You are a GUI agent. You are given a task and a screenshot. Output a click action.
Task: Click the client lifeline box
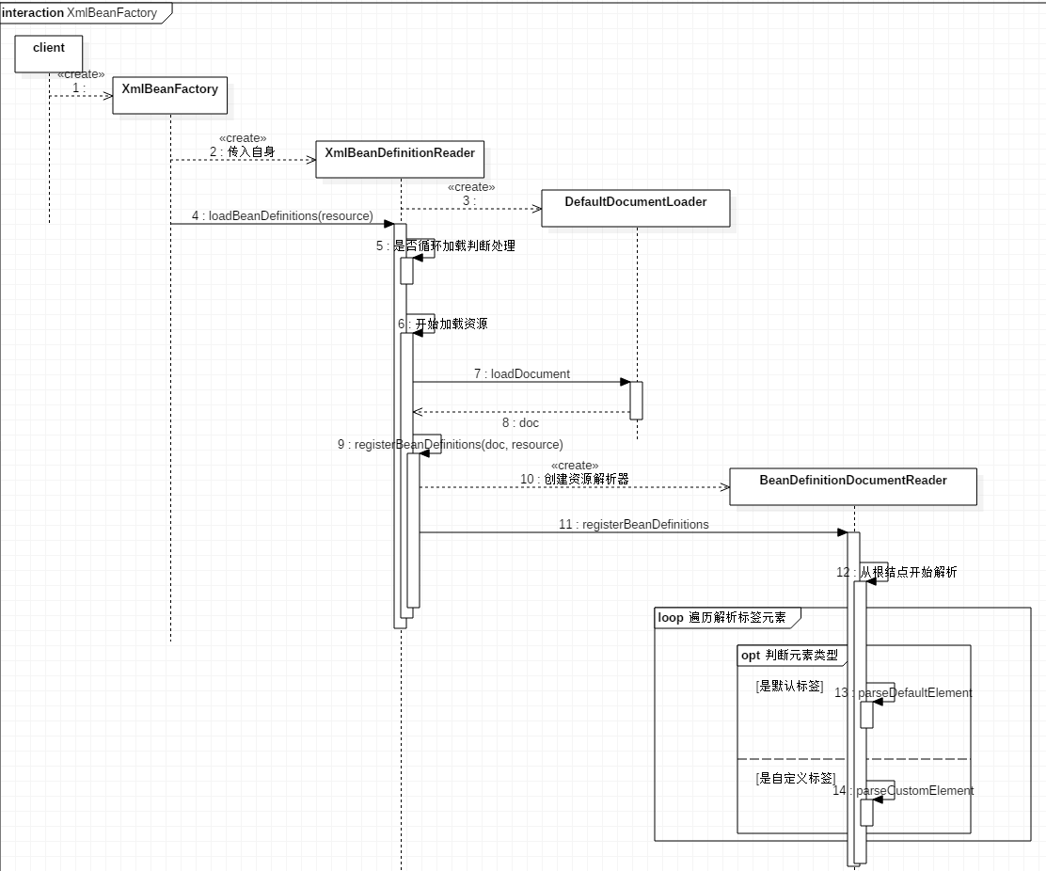click(49, 54)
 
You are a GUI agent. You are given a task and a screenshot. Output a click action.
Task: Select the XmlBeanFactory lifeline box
click(169, 95)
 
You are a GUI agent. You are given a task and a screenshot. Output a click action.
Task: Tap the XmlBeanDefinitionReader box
click(400, 158)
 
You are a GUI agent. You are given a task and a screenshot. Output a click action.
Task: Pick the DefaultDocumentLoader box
click(636, 208)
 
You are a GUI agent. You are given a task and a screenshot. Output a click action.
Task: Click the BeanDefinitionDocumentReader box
click(853, 486)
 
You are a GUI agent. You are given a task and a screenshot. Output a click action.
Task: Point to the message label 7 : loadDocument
click(521, 373)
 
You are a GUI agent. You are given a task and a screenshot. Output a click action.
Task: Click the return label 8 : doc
click(520, 423)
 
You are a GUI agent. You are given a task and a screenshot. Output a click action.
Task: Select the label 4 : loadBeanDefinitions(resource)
click(282, 215)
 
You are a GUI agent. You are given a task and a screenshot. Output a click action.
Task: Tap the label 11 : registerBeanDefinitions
click(634, 524)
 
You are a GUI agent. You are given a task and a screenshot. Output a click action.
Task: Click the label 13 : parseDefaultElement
click(903, 692)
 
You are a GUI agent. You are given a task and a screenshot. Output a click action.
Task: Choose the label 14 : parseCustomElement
click(903, 790)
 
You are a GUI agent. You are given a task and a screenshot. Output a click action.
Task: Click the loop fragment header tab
click(727, 618)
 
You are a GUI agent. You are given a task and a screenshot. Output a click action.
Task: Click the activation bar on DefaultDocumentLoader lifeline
click(636, 400)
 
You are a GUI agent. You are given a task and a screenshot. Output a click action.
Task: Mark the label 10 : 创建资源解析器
click(574, 479)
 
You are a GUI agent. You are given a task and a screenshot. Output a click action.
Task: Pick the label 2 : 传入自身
click(242, 151)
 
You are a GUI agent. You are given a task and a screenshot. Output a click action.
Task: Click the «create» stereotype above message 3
click(471, 187)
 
